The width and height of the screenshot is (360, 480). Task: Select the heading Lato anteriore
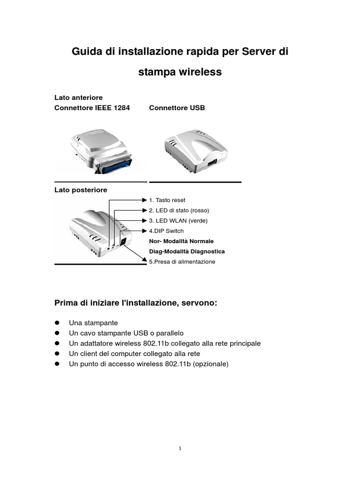78,97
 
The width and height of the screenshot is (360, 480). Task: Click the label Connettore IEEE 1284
92,108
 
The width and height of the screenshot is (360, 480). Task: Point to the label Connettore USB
177,108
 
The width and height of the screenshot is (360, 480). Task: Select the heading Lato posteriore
81,190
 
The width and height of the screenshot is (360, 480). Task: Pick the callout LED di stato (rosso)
179,210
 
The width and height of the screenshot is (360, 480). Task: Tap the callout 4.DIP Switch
166,231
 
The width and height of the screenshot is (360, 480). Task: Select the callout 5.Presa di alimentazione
182,262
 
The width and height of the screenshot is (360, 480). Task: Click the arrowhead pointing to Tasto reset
144,200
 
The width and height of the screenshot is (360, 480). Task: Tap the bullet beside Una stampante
57,323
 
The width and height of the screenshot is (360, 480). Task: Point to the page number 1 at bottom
180,449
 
